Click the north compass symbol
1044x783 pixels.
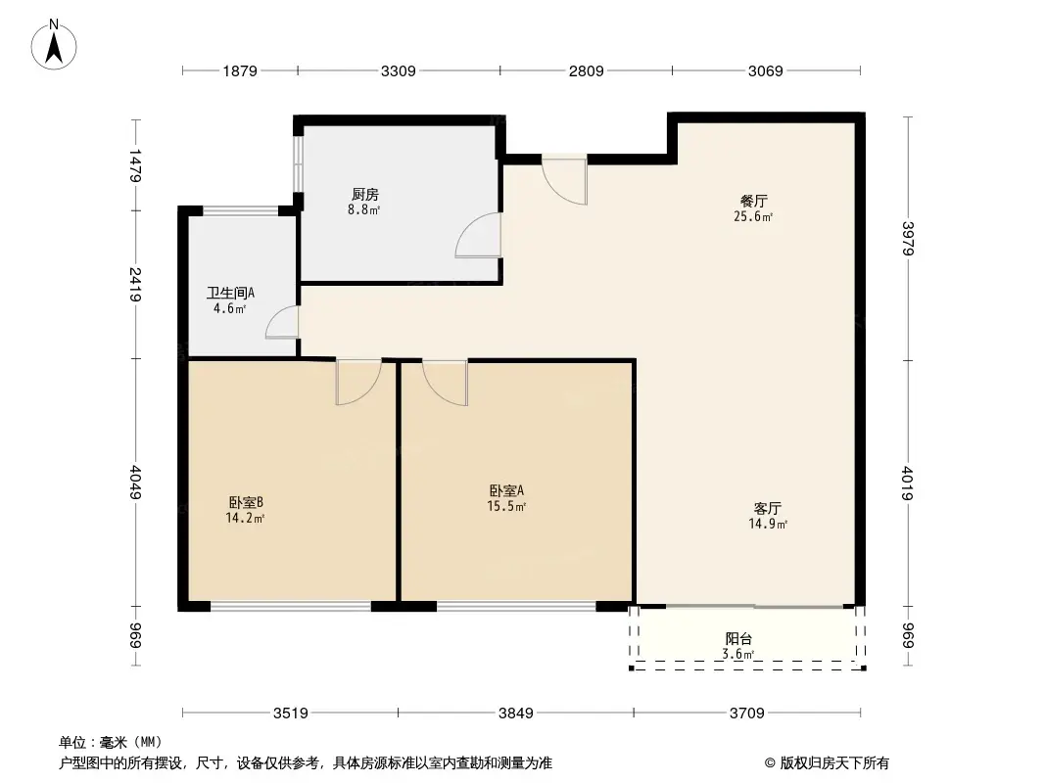point(56,43)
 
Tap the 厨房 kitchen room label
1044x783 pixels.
point(364,194)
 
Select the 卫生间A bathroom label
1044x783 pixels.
point(230,293)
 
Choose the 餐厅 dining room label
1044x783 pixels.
point(754,201)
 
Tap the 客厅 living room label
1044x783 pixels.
point(767,509)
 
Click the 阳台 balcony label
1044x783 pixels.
point(738,639)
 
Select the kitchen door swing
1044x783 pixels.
point(480,235)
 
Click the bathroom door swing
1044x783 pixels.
point(283,323)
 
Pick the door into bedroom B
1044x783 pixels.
point(357,382)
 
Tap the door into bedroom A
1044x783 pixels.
point(446,382)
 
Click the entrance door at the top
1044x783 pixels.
point(565,179)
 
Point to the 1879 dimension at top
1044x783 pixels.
point(239,70)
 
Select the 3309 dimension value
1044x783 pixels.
point(399,70)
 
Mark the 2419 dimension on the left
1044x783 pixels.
point(137,285)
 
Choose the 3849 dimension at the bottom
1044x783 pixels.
point(515,714)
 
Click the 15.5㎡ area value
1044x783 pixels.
point(507,506)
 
